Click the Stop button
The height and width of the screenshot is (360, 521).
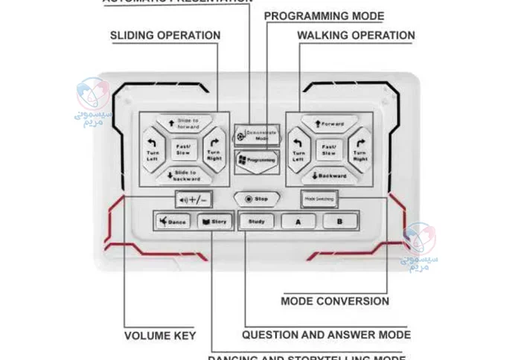[256, 199]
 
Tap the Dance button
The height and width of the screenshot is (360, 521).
[173, 222]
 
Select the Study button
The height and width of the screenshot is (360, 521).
[256, 222]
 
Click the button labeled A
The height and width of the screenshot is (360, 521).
[298, 222]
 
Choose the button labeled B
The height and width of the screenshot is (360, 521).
[339, 222]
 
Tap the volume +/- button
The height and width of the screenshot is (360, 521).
[193, 199]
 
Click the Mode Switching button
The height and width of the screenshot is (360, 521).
[319, 199]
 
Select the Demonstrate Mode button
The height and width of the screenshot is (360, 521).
[251, 135]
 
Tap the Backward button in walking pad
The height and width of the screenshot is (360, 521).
[328, 176]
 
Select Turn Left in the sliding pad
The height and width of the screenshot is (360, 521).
[153, 148]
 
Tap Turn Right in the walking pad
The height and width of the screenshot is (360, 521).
[360, 148]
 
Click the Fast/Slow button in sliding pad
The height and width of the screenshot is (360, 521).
[182, 150]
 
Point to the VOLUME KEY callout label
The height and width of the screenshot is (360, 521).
[159, 335]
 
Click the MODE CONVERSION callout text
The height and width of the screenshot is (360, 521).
[335, 301]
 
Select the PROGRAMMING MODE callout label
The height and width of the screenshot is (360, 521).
[324, 16]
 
